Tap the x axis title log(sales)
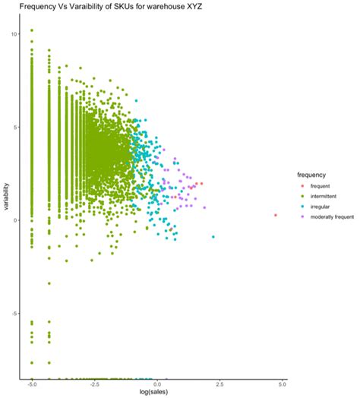click(x=156, y=393)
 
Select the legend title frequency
click(x=312, y=174)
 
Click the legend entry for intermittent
click(x=326, y=196)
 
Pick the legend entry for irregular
click(x=321, y=207)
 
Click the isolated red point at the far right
click(x=276, y=216)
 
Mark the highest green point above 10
click(x=31, y=30)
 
